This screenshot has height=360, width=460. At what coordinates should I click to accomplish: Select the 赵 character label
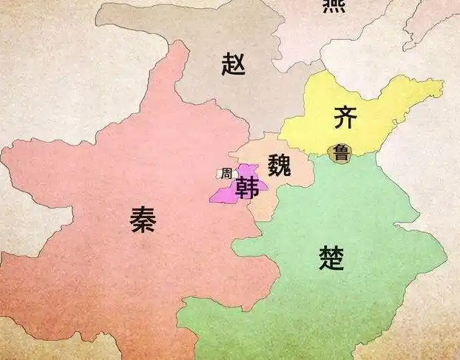(233, 65)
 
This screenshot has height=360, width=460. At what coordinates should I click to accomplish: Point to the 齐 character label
(345, 117)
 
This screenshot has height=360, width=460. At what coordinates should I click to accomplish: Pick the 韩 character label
(246, 189)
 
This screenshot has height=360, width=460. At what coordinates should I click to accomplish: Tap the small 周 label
(226, 174)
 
